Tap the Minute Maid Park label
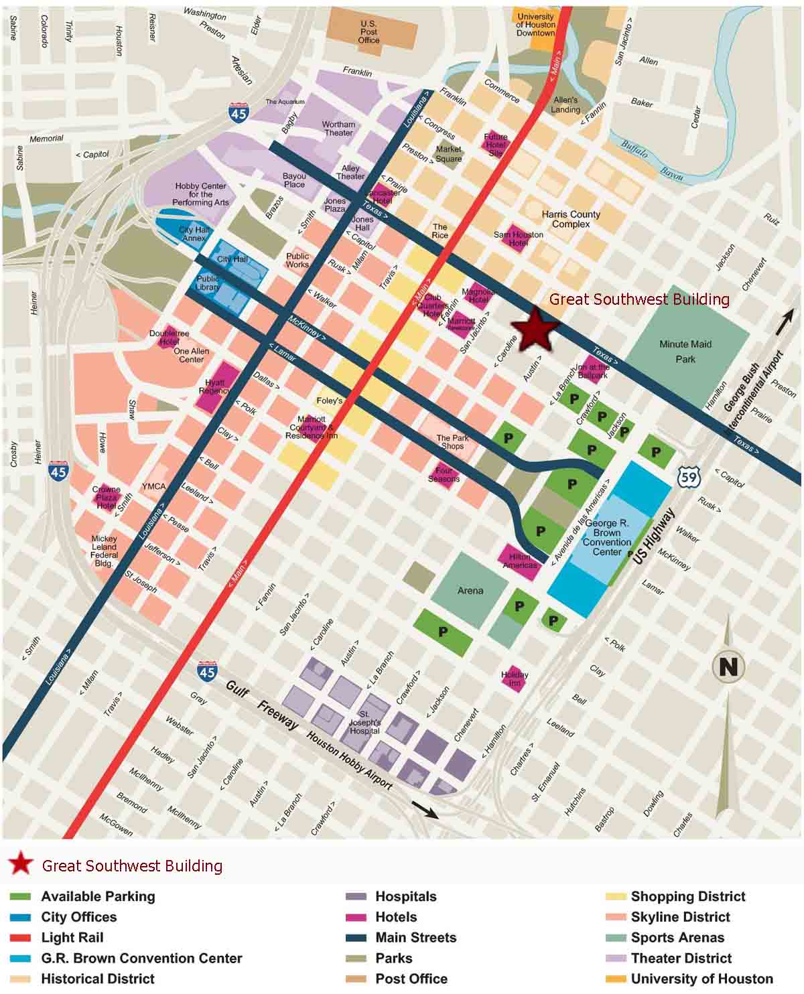tap(685, 352)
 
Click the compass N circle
tap(729, 666)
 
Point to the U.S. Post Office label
tap(368, 31)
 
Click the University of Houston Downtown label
tap(535, 25)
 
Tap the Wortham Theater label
tap(338, 129)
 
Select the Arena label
tap(470, 590)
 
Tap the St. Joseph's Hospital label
tap(364, 723)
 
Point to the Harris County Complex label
tap(571, 219)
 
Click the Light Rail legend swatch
tap(20, 938)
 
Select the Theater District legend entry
tap(681, 958)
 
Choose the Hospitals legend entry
tap(405, 896)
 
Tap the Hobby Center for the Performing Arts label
tap(200, 194)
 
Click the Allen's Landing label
tap(565, 105)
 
